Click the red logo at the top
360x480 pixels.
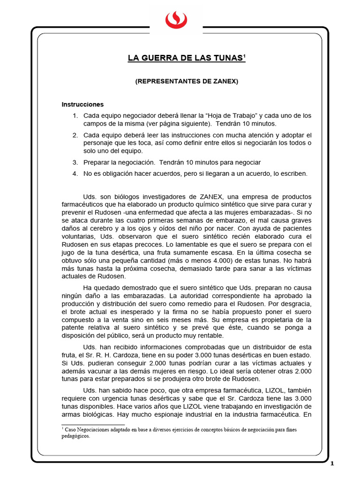point(176,19)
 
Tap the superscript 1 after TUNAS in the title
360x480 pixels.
point(245,56)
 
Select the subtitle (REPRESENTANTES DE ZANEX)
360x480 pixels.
point(187,81)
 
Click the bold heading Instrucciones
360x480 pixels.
point(82,104)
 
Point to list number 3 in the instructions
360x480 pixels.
point(75,162)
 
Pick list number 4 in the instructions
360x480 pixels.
point(75,173)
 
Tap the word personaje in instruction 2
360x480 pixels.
point(98,142)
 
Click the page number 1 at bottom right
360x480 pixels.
point(332,464)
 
